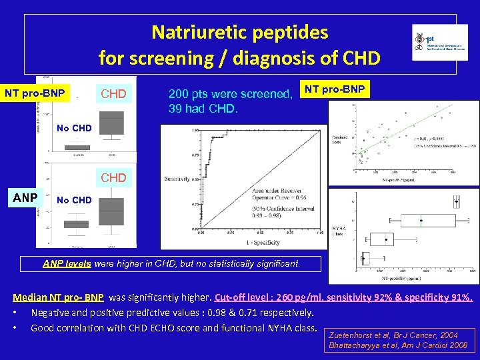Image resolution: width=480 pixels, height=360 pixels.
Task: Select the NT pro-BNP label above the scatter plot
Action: click(335, 89)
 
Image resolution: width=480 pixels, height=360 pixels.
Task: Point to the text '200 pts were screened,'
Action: click(231, 95)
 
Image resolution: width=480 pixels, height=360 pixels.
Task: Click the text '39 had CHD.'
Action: click(203, 109)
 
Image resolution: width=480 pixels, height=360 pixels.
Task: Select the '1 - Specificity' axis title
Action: click(244, 242)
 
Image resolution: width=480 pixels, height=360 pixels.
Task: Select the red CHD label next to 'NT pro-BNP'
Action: click(113, 94)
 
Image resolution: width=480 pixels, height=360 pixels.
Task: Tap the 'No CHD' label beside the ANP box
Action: click(74, 199)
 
